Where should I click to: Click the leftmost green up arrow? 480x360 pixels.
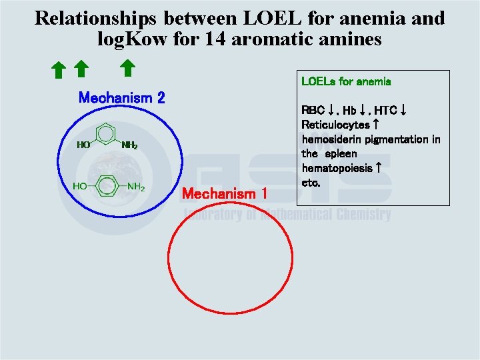point(58,69)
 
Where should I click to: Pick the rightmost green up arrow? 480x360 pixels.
point(127,67)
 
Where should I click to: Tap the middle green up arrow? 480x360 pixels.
point(80,68)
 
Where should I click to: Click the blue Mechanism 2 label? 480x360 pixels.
point(121,98)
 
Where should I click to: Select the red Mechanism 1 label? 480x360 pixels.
point(225,194)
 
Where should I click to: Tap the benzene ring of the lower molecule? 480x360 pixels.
point(107,186)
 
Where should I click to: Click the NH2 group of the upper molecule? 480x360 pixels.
point(129,145)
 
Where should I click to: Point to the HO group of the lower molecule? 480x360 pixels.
point(79,187)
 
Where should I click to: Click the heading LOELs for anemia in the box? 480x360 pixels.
point(346,82)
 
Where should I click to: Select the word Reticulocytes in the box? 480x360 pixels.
point(336,125)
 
